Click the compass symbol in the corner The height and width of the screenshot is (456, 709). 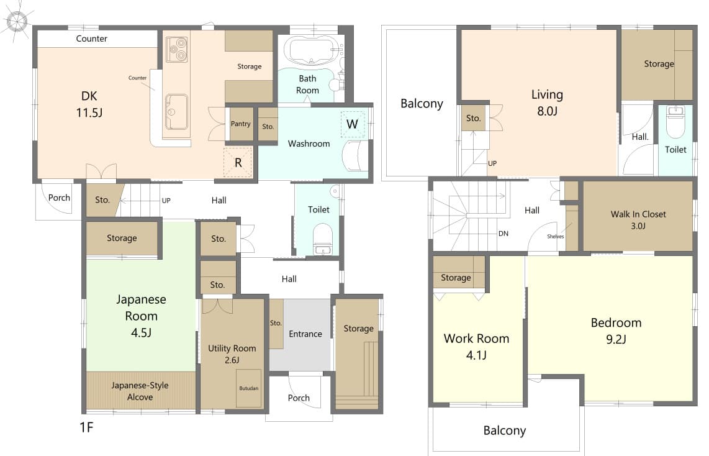(17, 21)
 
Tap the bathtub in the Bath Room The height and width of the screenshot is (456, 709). (312, 50)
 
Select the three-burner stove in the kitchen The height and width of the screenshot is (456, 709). (176, 49)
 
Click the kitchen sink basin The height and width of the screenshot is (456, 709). (176, 111)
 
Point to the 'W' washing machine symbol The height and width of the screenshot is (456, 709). (352, 124)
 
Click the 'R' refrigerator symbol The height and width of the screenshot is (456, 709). (238, 162)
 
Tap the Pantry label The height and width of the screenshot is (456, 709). (240, 124)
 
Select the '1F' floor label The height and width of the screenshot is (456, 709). (86, 427)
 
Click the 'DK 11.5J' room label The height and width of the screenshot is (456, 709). (89, 104)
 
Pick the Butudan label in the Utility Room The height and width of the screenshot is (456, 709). (249, 388)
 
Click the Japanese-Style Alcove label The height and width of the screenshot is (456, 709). (140, 391)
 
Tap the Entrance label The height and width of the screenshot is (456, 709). (305, 334)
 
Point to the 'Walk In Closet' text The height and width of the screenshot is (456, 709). (638, 214)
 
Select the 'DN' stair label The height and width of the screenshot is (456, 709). (504, 234)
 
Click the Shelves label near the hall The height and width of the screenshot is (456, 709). (555, 236)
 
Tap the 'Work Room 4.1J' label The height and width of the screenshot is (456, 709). (476, 347)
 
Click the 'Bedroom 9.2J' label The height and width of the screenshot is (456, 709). (616, 331)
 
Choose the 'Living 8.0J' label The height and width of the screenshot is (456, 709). (547, 103)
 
